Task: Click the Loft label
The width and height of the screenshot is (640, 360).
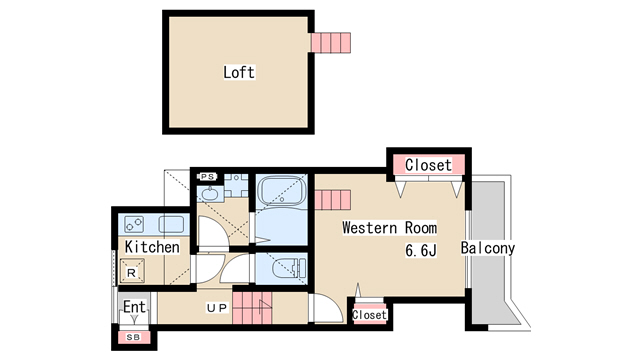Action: tap(239, 72)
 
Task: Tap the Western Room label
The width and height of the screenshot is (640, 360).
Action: tap(389, 228)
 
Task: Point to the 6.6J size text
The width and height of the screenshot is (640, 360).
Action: tap(421, 250)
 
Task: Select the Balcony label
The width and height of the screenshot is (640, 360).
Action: tap(488, 248)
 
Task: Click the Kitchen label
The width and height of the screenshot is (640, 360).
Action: tap(152, 247)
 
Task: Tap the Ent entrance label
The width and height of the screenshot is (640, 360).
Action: tap(134, 307)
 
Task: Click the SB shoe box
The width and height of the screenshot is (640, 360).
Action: tap(133, 337)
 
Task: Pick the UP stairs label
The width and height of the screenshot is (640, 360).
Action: tap(217, 308)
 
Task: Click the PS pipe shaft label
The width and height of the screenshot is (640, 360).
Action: tap(207, 177)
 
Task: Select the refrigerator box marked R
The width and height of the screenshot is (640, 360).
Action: tap(131, 270)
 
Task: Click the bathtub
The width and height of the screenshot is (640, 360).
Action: tap(282, 190)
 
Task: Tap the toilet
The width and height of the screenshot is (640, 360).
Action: tap(288, 268)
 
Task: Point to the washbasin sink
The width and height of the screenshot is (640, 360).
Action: tap(211, 194)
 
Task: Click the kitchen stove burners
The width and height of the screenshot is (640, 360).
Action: tap(134, 224)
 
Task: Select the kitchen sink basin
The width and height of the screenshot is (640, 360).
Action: tap(171, 224)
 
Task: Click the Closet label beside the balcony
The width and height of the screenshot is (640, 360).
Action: tap(428, 165)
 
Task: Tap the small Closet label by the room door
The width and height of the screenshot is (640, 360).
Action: tap(369, 315)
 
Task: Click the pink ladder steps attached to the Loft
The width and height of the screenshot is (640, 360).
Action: tap(331, 43)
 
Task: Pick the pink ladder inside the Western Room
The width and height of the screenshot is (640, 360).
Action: tap(333, 200)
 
